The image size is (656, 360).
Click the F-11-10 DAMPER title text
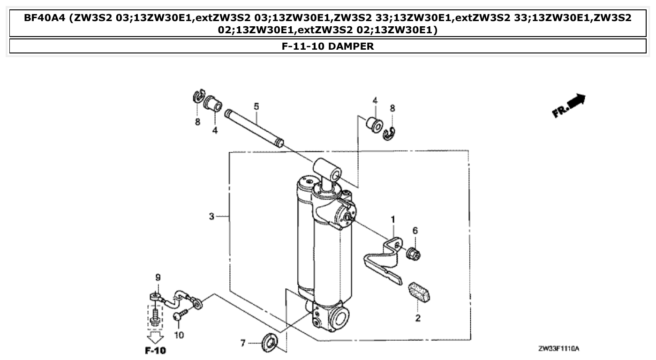click(328, 46)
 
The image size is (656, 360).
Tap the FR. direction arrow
click(569, 105)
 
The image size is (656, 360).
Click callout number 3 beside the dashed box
click(212, 216)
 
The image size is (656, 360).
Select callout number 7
click(243, 344)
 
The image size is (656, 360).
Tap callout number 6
click(415, 231)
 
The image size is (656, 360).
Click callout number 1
click(393, 219)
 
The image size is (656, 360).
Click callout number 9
click(158, 277)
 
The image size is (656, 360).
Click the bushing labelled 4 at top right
click(374, 124)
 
